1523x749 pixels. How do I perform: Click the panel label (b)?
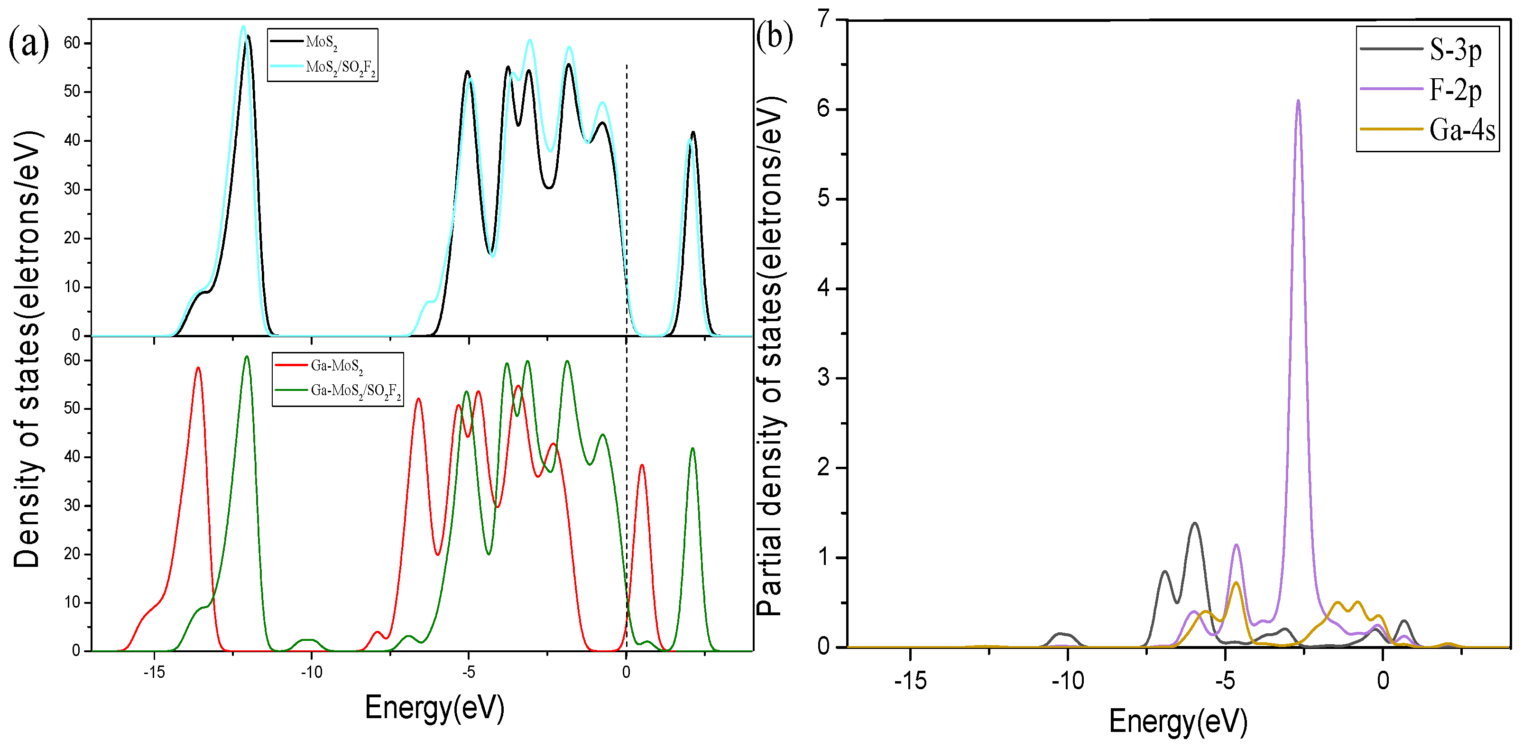click(775, 37)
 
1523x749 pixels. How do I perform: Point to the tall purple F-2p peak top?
click(1298, 101)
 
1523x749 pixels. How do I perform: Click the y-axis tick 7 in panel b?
click(824, 19)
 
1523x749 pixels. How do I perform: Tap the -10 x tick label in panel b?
click(1067, 681)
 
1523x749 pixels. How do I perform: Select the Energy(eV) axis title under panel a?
click(434, 707)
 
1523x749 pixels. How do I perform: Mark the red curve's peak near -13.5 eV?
click(198, 368)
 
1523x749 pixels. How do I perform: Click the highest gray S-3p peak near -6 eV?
click(1194, 523)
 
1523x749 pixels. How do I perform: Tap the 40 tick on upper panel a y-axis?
click(72, 141)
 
